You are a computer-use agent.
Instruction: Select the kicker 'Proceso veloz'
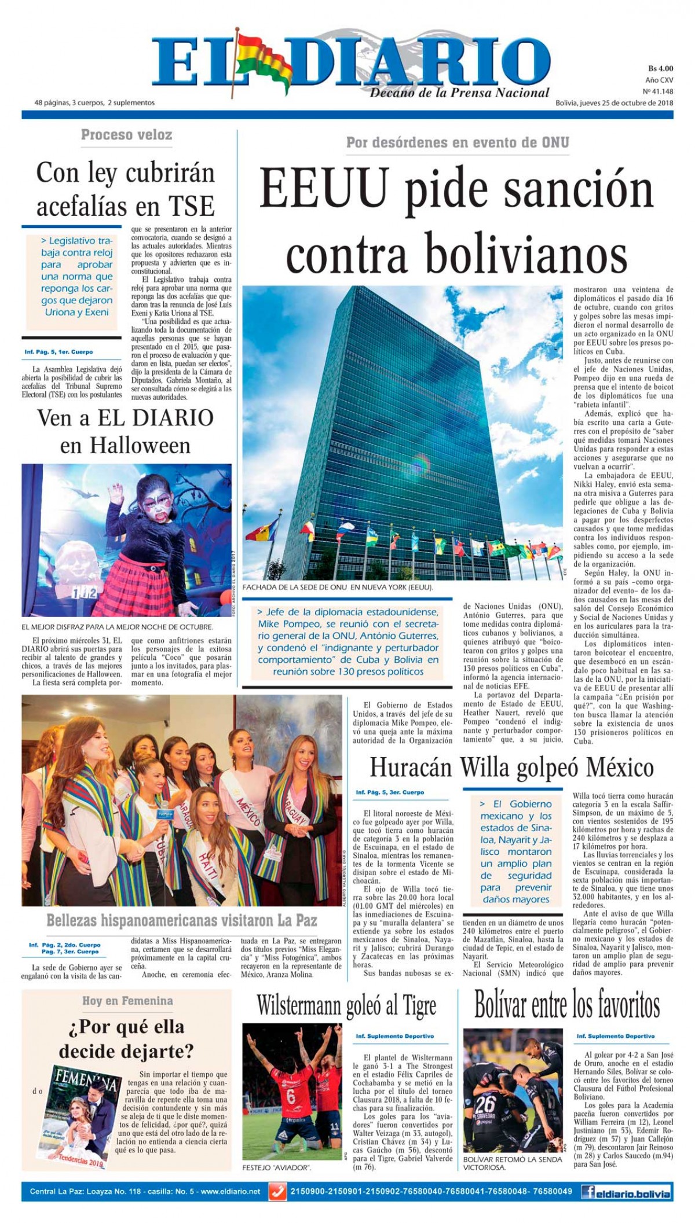(x=126, y=135)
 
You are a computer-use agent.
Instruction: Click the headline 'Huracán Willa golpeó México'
(x=511, y=768)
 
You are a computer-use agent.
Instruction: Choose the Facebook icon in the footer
(x=590, y=1192)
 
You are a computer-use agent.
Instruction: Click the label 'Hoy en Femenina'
(x=127, y=1001)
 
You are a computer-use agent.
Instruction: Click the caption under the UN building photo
(x=338, y=587)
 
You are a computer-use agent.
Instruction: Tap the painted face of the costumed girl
(x=137, y=493)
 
